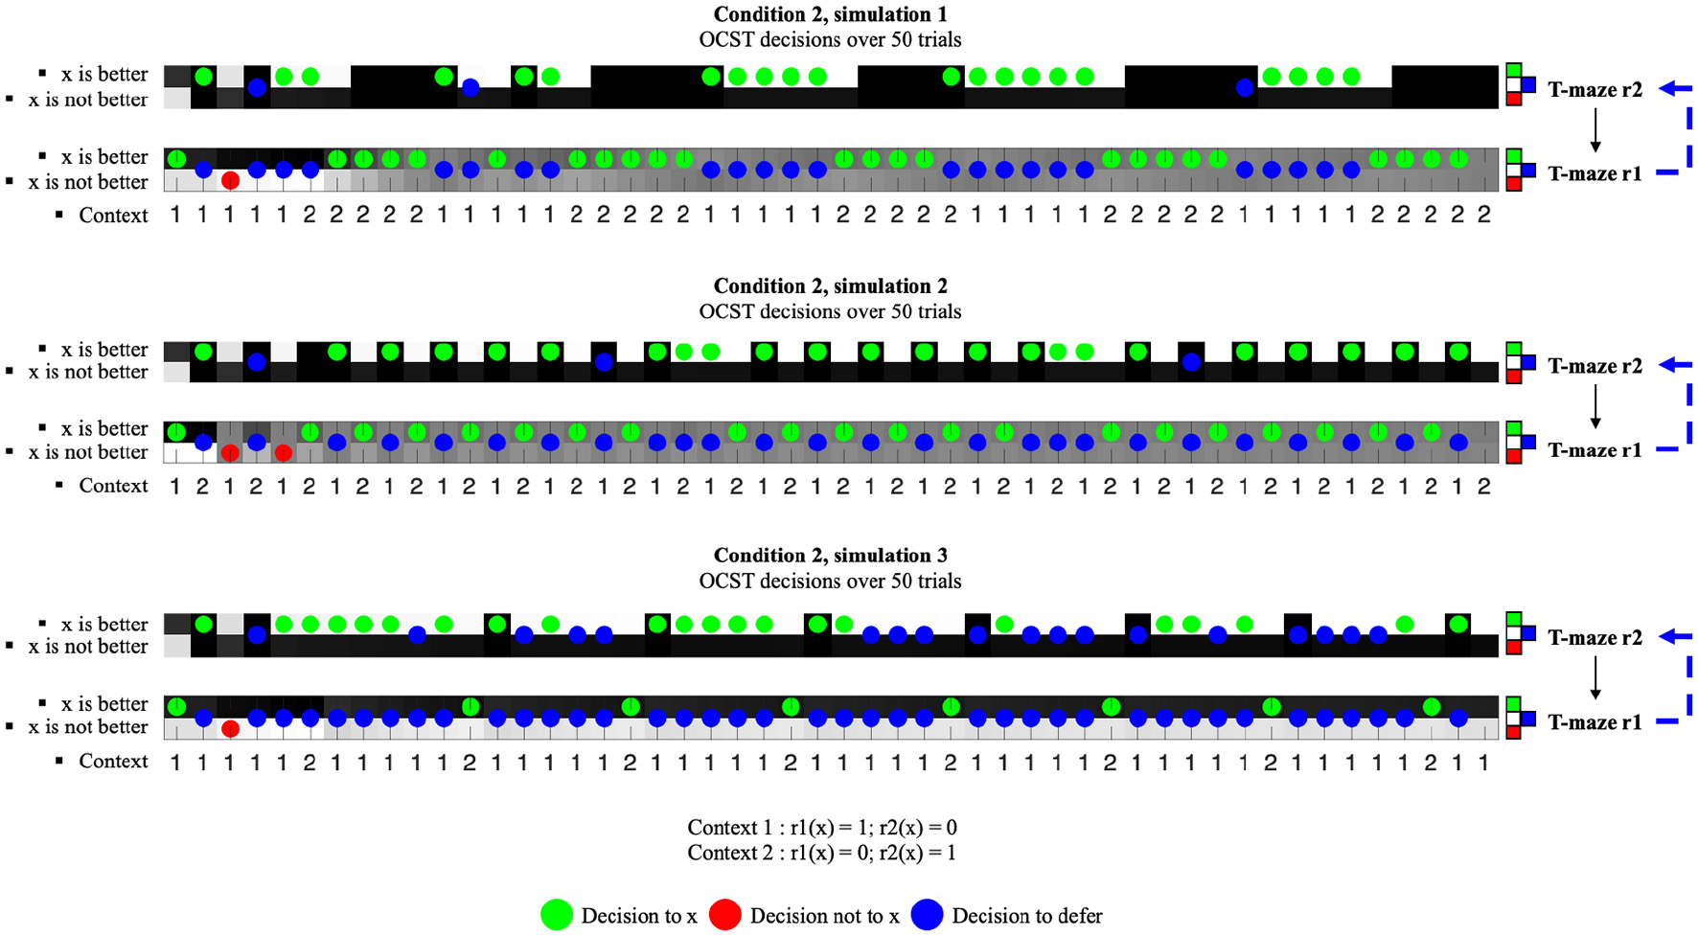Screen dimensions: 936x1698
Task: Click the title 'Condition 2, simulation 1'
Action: (x=830, y=14)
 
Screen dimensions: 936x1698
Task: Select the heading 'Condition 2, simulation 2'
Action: (x=830, y=285)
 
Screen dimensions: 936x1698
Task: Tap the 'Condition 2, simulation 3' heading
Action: (x=830, y=556)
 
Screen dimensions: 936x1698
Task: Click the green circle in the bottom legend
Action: (x=557, y=916)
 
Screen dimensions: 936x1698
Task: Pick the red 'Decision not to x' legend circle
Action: (x=725, y=916)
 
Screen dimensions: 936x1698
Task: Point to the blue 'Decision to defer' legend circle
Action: (x=927, y=916)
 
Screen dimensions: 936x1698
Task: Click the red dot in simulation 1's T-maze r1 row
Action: (x=230, y=180)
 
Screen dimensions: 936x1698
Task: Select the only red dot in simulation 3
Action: (x=230, y=729)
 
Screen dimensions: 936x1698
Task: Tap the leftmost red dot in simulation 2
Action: (x=230, y=453)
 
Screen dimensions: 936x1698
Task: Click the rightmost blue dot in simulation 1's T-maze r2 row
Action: (x=1244, y=88)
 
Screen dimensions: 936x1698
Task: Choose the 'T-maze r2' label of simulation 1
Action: (x=1595, y=90)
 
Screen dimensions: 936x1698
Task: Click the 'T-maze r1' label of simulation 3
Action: (x=1595, y=722)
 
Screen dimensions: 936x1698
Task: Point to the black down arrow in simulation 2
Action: (x=1595, y=406)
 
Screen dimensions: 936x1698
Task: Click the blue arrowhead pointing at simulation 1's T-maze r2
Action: (x=1668, y=89)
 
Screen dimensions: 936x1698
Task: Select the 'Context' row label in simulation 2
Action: (x=113, y=486)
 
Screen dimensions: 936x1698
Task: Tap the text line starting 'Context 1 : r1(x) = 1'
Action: (x=822, y=828)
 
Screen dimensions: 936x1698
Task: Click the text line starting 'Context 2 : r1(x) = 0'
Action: (x=822, y=853)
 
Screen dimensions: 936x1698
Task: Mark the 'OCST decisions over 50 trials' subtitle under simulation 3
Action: (x=830, y=582)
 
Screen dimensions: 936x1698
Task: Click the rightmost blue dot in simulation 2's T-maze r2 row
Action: (x=1191, y=362)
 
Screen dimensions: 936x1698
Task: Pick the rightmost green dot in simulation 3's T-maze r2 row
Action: (x=1457, y=625)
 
